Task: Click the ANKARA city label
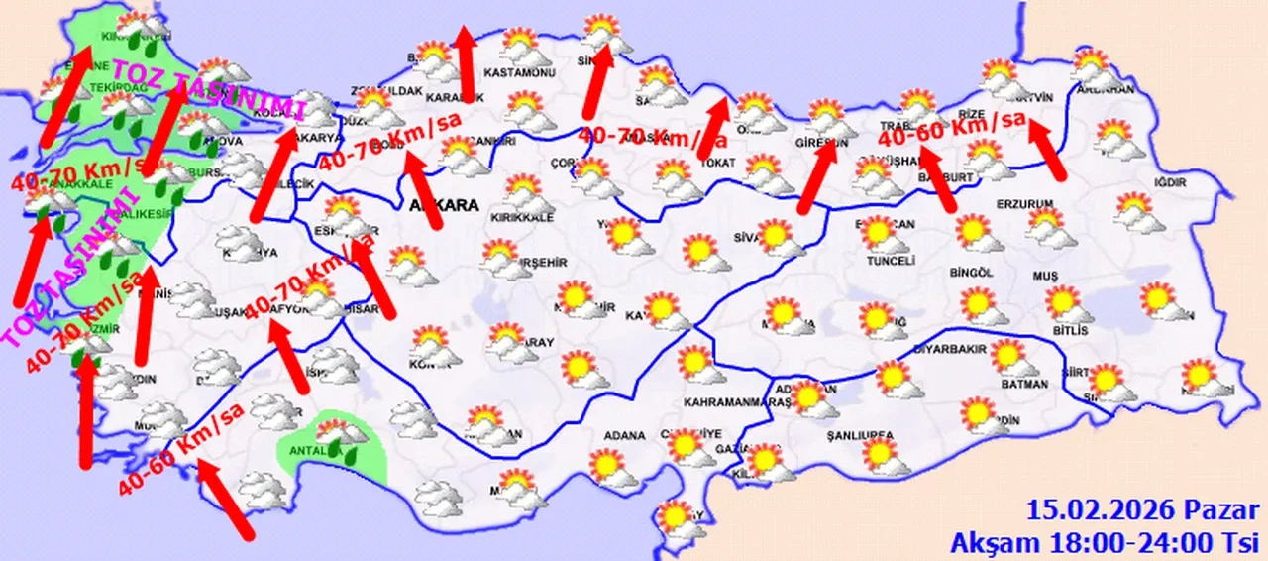point(443,206)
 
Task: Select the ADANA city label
point(622,435)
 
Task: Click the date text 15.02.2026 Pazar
point(1141,511)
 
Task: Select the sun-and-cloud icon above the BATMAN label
point(1009,357)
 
